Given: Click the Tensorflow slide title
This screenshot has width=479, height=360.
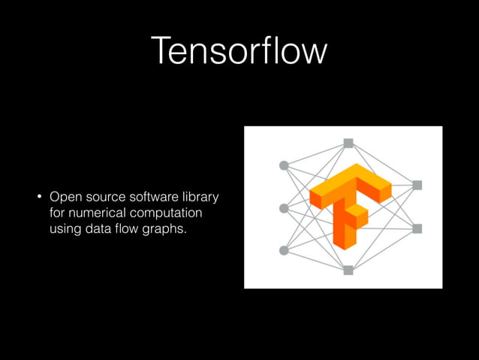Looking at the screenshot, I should (239, 51).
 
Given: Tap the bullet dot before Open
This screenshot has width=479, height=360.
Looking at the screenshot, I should (40, 199).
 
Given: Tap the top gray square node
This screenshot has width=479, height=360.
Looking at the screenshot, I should (348, 142).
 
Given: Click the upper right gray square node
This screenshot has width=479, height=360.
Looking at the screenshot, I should (417, 185).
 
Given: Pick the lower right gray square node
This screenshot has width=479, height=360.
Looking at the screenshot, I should (417, 228).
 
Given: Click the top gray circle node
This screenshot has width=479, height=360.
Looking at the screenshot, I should (284, 165).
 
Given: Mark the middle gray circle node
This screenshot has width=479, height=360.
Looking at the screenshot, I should (284, 208).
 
